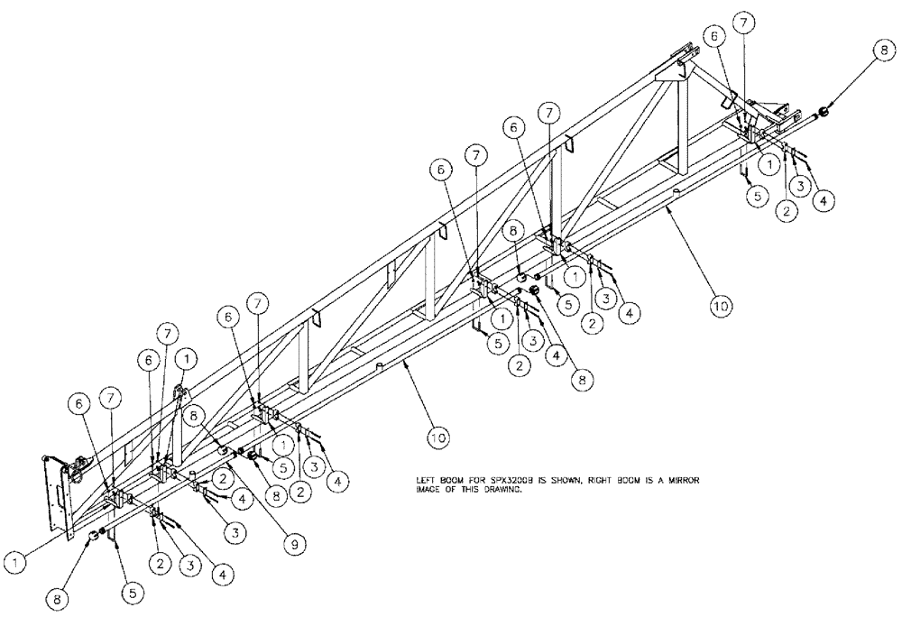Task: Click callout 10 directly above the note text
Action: point(438,437)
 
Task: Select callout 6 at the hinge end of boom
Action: point(715,35)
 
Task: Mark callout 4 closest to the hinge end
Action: point(822,201)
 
